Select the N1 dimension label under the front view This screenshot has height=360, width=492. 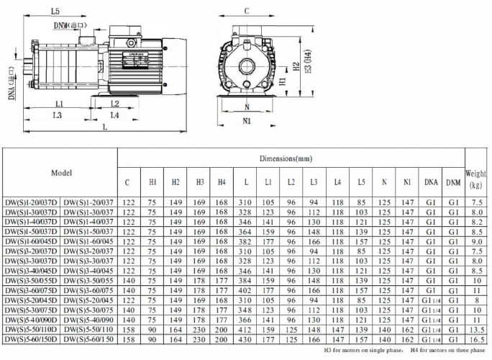pos(247,121)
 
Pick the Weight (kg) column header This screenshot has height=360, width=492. pos(475,179)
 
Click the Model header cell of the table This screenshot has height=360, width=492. pos(60,174)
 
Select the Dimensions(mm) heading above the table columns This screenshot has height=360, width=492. pos(291,157)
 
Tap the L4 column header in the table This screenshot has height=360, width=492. pos(337,183)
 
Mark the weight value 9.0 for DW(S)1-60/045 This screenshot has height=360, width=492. pos(475,242)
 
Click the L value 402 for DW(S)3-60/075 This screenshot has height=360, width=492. pos(247,289)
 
